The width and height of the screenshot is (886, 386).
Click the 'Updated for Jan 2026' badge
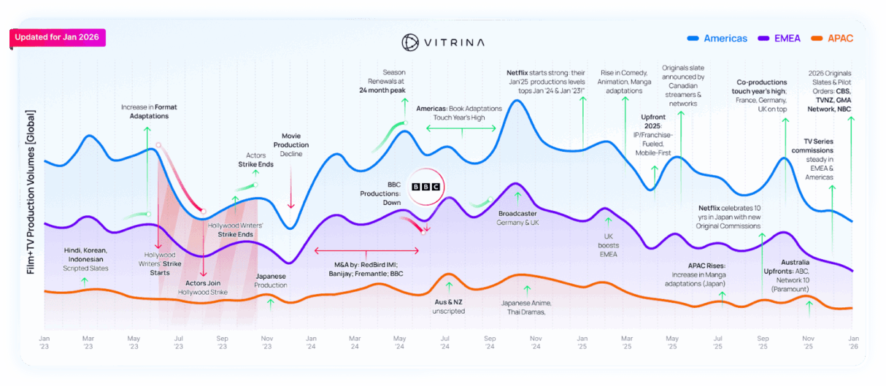[x=58, y=38]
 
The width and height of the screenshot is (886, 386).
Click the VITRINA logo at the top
[x=443, y=42]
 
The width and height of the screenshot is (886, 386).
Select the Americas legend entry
[x=717, y=38]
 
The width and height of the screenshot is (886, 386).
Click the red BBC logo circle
[x=426, y=187]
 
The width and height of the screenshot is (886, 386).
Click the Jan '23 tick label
[x=45, y=342]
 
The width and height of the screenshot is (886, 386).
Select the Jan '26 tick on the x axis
[x=852, y=342]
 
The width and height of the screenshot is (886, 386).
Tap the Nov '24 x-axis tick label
[x=536, y=342]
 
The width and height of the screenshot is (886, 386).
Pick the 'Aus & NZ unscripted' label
[x=448, y=306]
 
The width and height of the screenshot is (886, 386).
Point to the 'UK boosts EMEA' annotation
[x=608, y=245]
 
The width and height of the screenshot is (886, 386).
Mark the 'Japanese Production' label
[x=271, y=280]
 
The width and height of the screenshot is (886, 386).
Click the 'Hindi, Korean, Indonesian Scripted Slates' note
[x=86, y=259]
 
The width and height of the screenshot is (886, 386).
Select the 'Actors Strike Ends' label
[x=255, y=159]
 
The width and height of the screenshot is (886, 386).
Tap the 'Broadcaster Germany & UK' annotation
[x=518, y=217]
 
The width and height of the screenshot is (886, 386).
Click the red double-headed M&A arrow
[x=366, y=251]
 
